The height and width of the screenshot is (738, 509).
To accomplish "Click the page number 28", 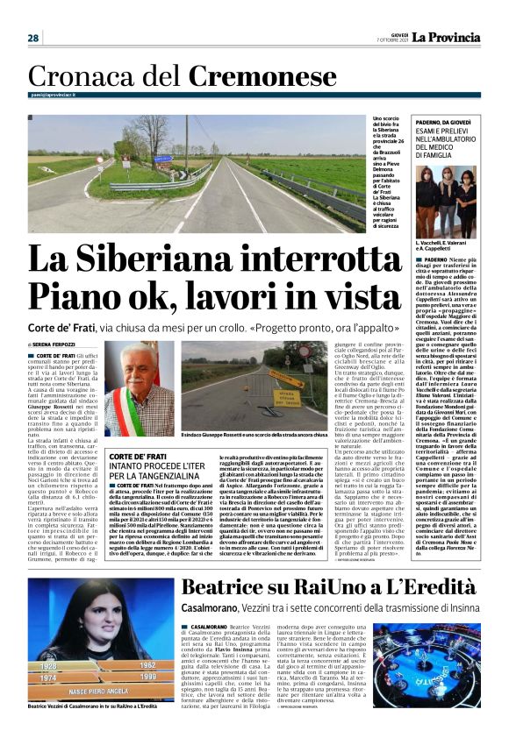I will click(x=32, y=38).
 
